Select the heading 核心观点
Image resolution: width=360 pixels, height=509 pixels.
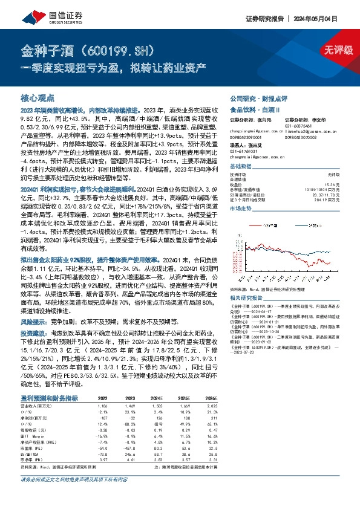[38, 98]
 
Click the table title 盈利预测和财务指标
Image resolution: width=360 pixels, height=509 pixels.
[49, 398]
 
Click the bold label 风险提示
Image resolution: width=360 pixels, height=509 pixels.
[33, 322]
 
